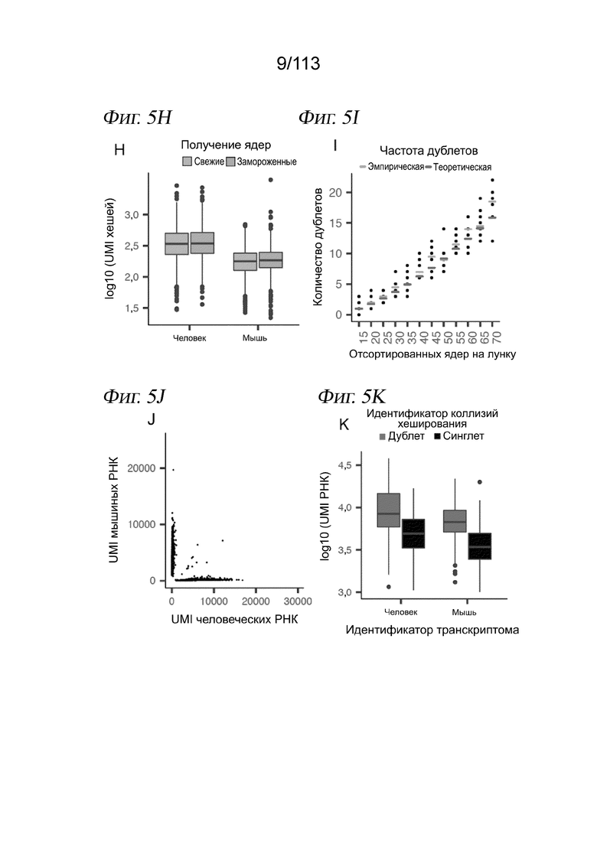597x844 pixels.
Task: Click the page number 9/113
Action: [x=298, y=64]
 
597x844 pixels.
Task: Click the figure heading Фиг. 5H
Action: [x=137, y=117]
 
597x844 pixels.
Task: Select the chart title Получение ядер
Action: [x=226, y=145]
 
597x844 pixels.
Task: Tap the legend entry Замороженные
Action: [x=262, y=161]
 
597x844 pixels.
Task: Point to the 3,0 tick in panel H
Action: [x=132, y=215]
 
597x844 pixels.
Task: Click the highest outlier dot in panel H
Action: [x=271, y=180]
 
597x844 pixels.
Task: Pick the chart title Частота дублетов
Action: [x=429, y=151]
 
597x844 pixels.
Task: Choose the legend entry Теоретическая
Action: [x=458, y=167]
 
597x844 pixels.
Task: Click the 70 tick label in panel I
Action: [x=496, y=337]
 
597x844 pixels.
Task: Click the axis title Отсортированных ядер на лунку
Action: [x=432, y=354]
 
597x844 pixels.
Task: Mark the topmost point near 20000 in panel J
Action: [x=173, y=470]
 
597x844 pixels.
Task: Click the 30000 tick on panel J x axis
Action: [x=298, y=601]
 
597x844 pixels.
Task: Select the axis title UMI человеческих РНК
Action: [x=234, y=619]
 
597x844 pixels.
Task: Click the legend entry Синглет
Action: [x=458, y=436]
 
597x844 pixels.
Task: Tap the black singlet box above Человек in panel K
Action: [x=413, y=533]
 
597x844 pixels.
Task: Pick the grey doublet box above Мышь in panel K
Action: [x=455, y=521]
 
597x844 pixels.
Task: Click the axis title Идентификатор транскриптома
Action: [x=432, y=630]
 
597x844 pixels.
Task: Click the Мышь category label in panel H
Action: [x=255, y=338]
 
